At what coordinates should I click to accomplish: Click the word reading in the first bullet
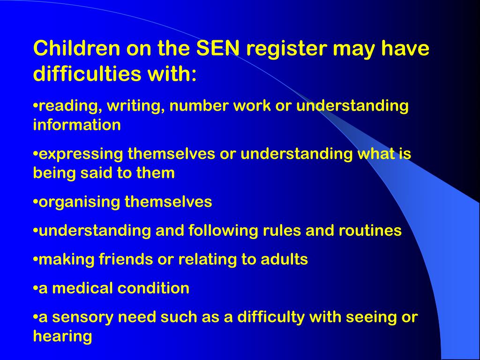[68, 106]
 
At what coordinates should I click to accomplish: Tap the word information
[77, 125]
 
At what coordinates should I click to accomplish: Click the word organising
[79, 202]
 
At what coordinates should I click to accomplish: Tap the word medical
[82, 288]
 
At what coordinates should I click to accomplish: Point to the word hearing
[62, 336]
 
